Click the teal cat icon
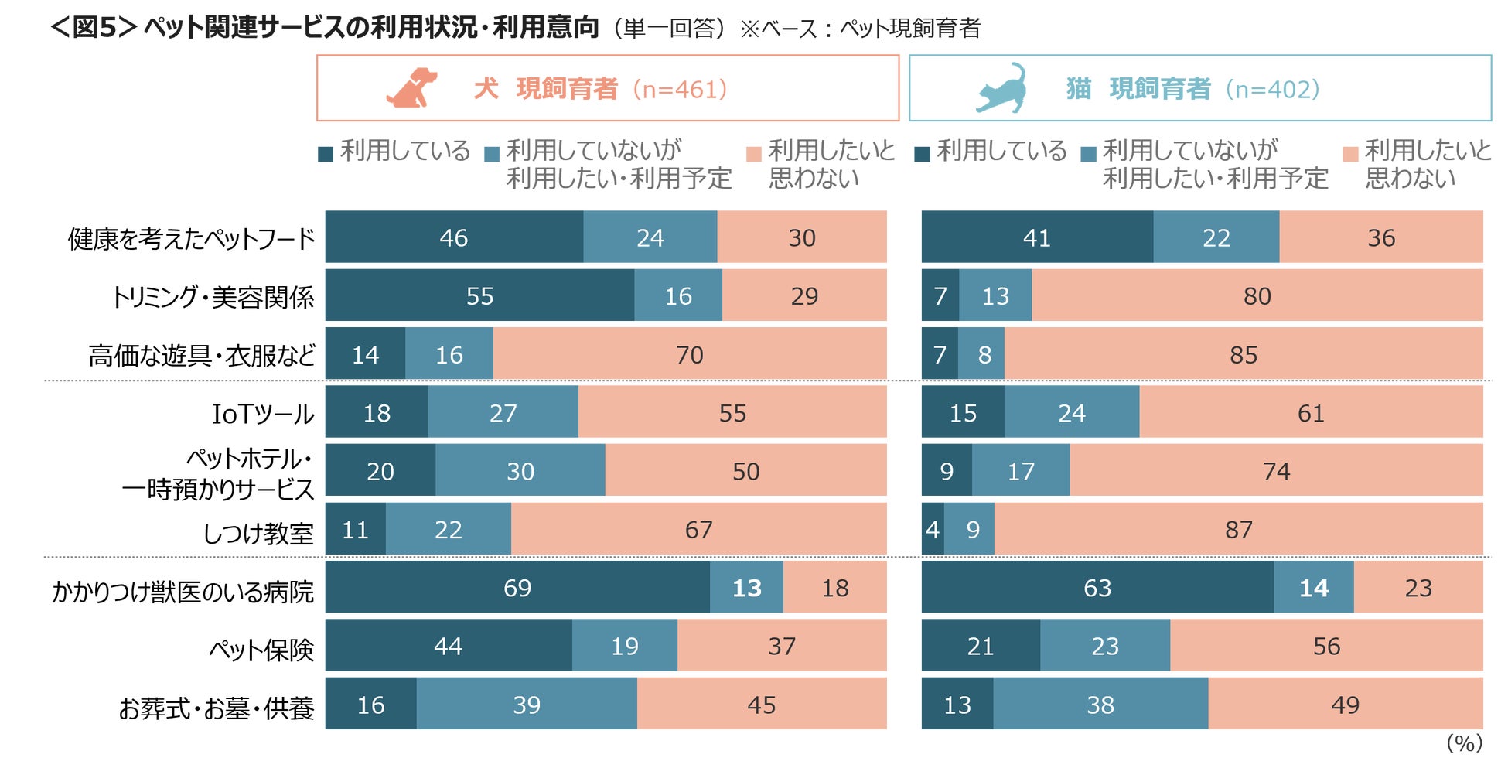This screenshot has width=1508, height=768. pyautogui.click(x=1002, y=88)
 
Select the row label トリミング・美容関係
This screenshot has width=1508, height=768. pyautogui.click(x=213, y=297)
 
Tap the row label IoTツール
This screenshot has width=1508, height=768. pyautogui.click(x=263, y=414)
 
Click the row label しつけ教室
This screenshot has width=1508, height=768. pyautogui.click(x=258, y=533)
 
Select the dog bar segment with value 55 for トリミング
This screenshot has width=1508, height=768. pyautogui.click(x=479, y=295)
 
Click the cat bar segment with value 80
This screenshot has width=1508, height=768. pyautogui.click(x=1257, y=295)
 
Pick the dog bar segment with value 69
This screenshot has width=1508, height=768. pyautogui.click(x=517, y=588)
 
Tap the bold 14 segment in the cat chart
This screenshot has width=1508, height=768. pyautogui.click(x=1313, y=588)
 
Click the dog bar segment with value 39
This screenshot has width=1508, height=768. pyautogui.click(x=527, y=705)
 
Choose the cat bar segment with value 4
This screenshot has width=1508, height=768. pyautogui.click(x=933, y=530)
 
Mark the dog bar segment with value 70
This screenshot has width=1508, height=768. pyautogui.click(x=689, y=354)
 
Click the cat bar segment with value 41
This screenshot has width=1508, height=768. pyautogui.click(x=1036, y=237)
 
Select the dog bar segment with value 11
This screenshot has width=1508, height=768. pyautogui.click(x=355, y=530)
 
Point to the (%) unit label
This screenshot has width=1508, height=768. pyautogui.click(x=1464, y=743)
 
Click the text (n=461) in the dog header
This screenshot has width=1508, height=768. pyautogui.click(x=680, y=90)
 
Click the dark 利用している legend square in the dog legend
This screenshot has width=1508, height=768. pyautogui.click(x=326, y=154)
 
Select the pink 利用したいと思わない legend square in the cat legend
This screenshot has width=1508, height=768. pyautogui.click(x=1350, y=154)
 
